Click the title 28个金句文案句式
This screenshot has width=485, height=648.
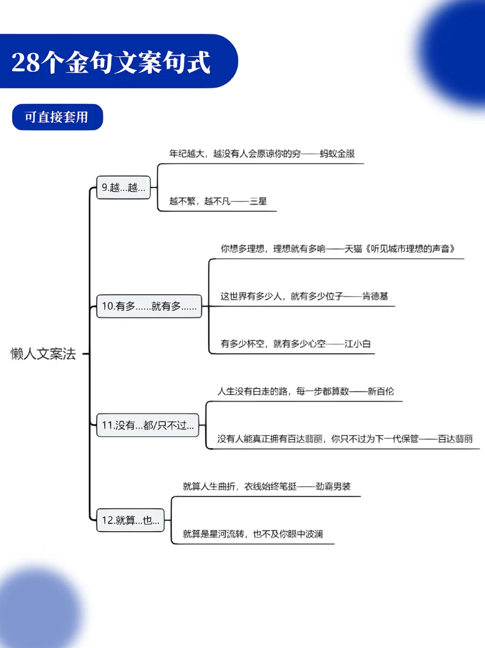click(111, 62)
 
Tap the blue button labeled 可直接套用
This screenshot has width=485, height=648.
click(57, 117)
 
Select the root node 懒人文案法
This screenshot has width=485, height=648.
click(43, 354)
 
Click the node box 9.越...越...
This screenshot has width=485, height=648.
click(123, 187)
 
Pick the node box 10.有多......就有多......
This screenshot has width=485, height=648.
click(149, 306)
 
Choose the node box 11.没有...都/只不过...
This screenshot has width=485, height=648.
click(148, 425)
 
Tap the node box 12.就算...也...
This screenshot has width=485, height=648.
click(130, 520)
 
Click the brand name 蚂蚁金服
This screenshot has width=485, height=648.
click(337, 154)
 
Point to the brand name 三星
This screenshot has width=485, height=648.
click(258, 201)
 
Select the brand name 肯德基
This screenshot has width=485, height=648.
click(375, 296)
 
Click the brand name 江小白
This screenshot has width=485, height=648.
click(357, 344)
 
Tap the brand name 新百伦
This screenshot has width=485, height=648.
click(380, 392)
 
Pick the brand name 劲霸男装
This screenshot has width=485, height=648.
click(333, 486)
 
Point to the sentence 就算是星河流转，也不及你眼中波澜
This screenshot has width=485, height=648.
click(253, 534)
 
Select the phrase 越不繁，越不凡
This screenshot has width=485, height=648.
click(200, 201)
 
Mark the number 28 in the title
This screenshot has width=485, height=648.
click(25, 62)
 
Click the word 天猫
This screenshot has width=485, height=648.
click(353, 249)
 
